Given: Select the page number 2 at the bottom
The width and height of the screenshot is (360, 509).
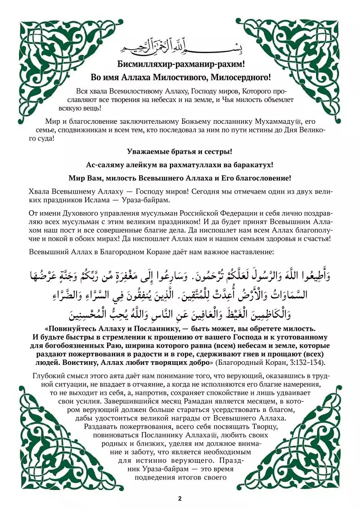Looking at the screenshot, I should pyautogui.click(x=180, y=499).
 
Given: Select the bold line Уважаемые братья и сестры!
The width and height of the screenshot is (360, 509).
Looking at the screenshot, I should pyautogui.click(x=180, y=151).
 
